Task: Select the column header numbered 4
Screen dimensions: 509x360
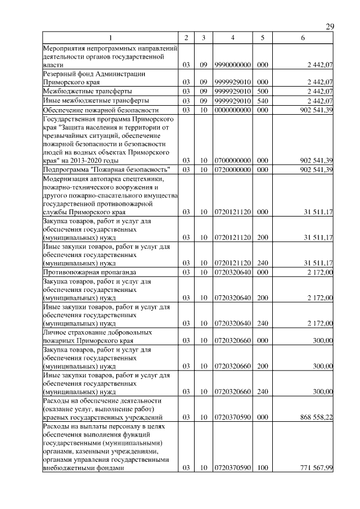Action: pyautogui.click(x=233, y=38)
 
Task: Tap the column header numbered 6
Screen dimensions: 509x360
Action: pyautogui.click(x=303, y=38)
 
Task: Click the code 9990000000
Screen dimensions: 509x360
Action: pyautogui.click(x=233, y=65)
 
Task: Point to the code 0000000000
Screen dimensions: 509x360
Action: pyautogui.click(x=233, y=110)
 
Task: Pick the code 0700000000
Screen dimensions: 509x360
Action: pyautogui.click(x=233, y=161)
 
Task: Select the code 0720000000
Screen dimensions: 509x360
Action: pyautogui.click(x=233, y=170)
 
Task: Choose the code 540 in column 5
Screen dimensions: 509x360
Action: pyautogui.click(x=262, y=101)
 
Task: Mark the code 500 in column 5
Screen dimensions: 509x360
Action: pyautogui.click(x=262, y=91)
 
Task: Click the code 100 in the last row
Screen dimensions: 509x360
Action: pyautogui.click(x=262, y=469)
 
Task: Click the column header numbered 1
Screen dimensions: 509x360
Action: pyautogui.click(x=110, y=38)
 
